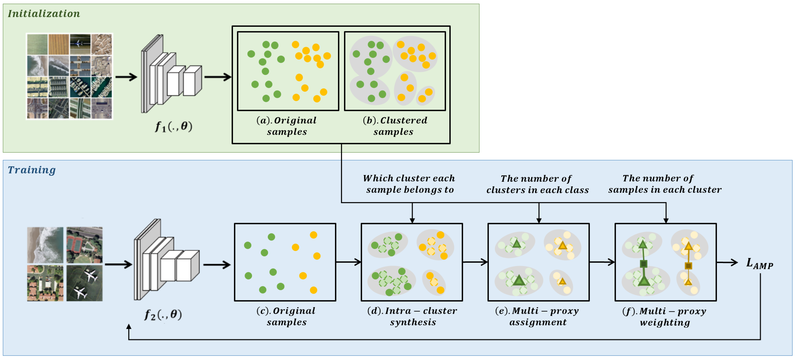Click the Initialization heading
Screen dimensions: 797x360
[x=44, y=14]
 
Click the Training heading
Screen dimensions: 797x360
[x=32, y=170]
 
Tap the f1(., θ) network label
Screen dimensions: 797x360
[x=173, y=126]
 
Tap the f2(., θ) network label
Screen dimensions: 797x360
[x=163, y=315]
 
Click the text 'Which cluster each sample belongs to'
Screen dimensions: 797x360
[x=409, y=184]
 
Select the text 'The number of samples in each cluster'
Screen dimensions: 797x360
[x=665, y=184]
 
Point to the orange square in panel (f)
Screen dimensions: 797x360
[x=688, y=266]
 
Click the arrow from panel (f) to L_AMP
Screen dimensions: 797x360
[x=727, y=262]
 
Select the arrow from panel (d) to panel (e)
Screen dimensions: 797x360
[x=475, y=262]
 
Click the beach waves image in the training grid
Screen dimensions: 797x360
[x=45, y=245]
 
